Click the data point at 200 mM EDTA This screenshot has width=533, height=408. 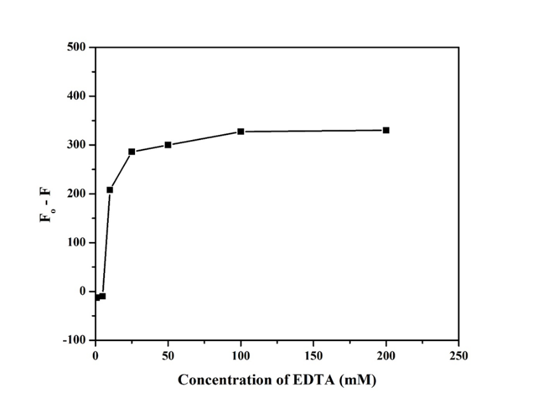pyautogui.click(x=386, y=130)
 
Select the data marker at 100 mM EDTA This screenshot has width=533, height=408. pyautogui.click(x=241, y=131)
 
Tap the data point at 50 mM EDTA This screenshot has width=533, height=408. pyautogui.click(x=168, y=144)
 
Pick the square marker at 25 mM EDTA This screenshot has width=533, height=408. pyautogui.click(x=132, y=151)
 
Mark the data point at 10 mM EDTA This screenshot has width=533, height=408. pyautogui.click(x=110, y=190)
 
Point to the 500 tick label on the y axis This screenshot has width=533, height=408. pyautogui.click(x=78, y=47)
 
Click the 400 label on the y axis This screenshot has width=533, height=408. pyautogui.click(x=78, y=96)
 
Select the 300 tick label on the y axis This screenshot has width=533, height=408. pyautogui.click(x=78, y=145)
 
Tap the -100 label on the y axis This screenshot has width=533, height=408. pyautogui.click(x=75, y=341)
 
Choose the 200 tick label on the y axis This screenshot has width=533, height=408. pyautogui.click(x=78, y=193)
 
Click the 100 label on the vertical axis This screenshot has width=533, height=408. pyautogui.click(x=78, y=243)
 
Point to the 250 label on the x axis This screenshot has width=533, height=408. pyautogui.click(x=458, y=355)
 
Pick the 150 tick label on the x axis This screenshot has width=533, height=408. pyautogui.click(x=313, y=355)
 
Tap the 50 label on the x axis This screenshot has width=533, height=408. pyautogui.click(x=168, y=355)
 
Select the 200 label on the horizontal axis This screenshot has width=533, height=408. pyautogui.click(x=386, y=355)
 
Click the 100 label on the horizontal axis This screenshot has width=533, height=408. pyautogui.click(x=241, y=355)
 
